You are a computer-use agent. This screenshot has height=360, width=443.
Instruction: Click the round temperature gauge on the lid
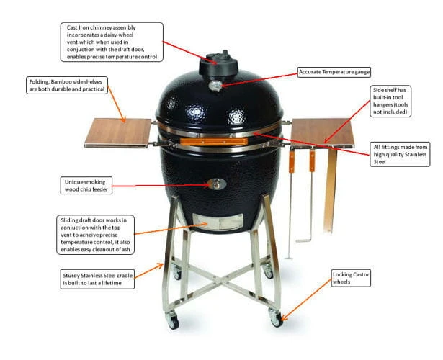[216, 85]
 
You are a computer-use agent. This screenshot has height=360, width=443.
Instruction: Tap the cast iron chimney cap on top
[219, 64]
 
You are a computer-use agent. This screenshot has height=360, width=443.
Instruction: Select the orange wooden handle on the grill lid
[214, 141]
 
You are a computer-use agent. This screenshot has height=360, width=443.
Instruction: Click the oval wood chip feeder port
[217, 184]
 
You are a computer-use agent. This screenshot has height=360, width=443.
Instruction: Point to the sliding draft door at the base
[218, 221]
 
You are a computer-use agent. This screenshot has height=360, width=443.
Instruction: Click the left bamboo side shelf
[118, 132]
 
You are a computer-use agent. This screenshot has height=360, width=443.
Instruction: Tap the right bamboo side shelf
[323, 132]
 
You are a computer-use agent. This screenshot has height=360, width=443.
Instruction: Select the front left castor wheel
[171, 320]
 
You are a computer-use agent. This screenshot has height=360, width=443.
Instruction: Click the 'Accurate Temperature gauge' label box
[334, 72]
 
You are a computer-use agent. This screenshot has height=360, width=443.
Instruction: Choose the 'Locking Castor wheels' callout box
[351, 278]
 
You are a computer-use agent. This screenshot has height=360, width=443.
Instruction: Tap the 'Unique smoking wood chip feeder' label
[86, 186]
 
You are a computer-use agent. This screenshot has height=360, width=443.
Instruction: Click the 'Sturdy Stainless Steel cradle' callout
[97, 279]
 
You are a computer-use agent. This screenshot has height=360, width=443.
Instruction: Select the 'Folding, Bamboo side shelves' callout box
[67, 85]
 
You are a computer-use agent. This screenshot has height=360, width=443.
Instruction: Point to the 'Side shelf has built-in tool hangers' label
[390, 101]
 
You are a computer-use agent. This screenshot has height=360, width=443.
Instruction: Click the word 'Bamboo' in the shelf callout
[62, 81]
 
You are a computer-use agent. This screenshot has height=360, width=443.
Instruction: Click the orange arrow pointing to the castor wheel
[306, 300]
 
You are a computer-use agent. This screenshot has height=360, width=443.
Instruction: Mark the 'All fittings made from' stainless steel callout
[400, 154]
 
